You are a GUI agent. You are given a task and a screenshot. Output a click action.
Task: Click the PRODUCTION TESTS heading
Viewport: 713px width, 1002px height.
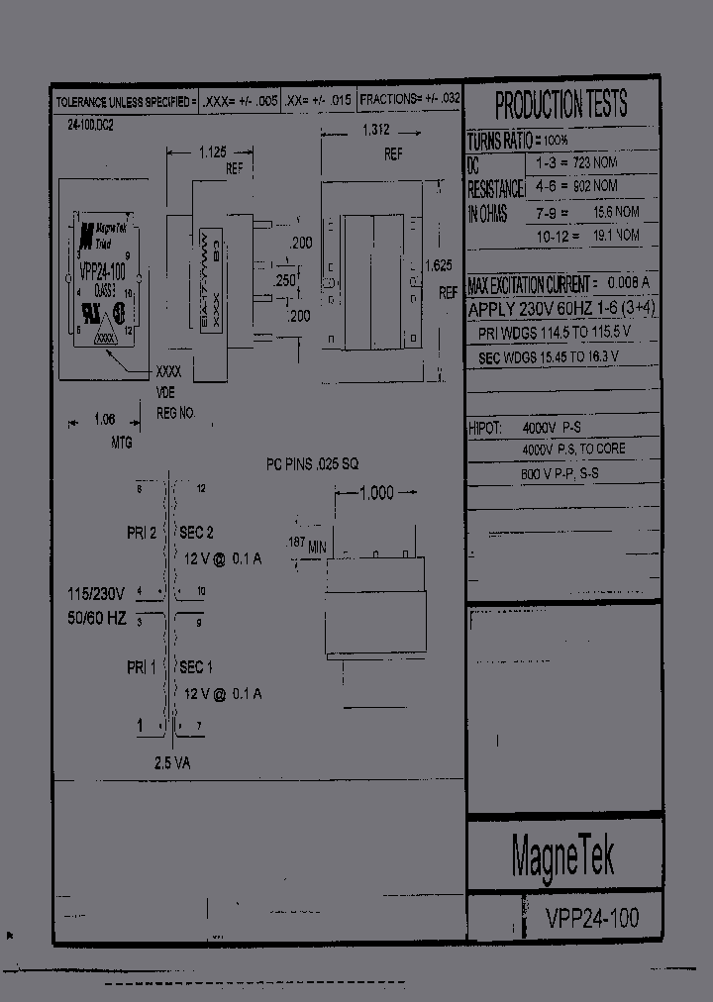click(560, 104)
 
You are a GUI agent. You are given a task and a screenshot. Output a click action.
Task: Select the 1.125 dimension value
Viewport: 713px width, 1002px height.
click(212, 151)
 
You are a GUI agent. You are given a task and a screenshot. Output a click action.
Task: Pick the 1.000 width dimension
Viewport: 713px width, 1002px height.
click(375, 493)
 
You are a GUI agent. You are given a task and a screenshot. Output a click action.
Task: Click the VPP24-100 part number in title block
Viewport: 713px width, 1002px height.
click(592, 918)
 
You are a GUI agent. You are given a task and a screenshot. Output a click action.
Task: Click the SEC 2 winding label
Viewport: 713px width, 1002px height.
click(196, 533)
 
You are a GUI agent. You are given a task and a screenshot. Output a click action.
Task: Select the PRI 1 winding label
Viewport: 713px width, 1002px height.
click(142, 667)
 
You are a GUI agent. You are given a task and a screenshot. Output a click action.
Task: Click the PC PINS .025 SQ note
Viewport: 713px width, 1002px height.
click(312, 463)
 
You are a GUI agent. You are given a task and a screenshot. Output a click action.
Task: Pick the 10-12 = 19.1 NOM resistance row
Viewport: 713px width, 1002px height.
click(588, 236)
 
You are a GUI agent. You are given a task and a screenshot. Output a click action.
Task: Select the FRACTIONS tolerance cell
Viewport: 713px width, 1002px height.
click(410, 99)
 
